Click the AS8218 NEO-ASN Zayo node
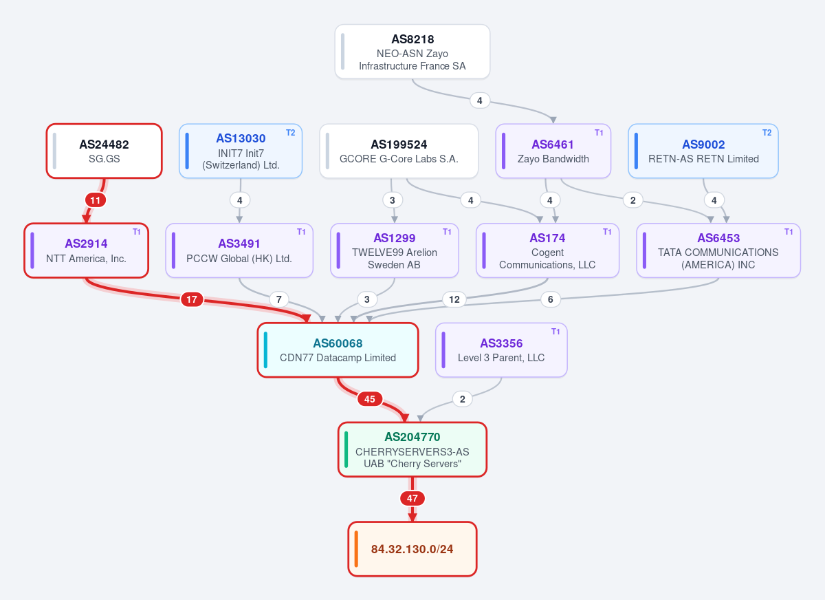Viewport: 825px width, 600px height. tap(412, 52)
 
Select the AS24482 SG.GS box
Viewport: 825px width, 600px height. tap(104, 151)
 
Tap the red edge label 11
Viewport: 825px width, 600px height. tap(96, 200)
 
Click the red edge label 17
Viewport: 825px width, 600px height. tap(192, 299)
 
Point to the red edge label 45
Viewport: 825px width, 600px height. tap(370, 399)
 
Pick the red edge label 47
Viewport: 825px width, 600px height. tap(412, 498)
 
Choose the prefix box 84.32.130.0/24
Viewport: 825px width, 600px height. tap(412, 549)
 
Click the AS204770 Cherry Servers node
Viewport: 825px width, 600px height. tap(412, 449)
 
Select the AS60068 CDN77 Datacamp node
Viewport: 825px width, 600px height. tap(338, 350)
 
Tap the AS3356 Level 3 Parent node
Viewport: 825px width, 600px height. tap(501, 350)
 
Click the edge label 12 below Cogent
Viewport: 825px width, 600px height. tap(454, 299)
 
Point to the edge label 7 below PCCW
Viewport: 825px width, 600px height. tap(279, 299)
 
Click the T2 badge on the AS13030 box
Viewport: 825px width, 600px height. tap(291, 133)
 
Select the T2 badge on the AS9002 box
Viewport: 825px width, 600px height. tap(767, 133)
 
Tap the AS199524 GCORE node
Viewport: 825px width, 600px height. tap(399, 151)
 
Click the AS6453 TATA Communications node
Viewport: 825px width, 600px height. tap(718, 250)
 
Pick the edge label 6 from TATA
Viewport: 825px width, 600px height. tap(551, 299)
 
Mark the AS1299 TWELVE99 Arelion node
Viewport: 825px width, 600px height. tap(395, 250)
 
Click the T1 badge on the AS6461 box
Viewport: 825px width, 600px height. tap(599, 133)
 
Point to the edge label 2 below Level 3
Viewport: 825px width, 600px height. tap(463, 399)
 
